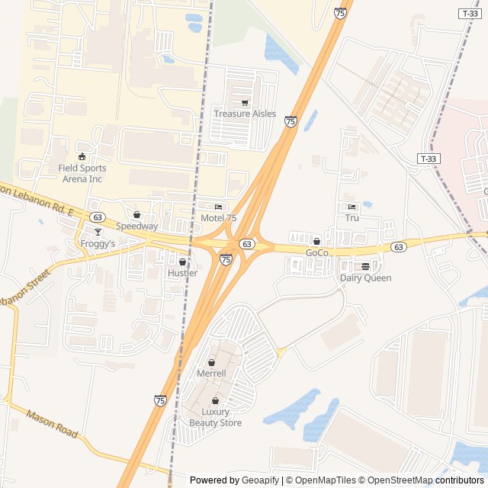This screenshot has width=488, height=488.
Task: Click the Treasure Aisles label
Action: (x=245, y=114)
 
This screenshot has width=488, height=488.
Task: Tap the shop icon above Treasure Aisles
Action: (x=245, y=103)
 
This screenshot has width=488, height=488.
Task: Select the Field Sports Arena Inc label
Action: (x=82, y=173)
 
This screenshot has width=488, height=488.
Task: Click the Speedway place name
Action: (x=137, y=226)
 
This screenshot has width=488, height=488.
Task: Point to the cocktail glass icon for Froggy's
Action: (x=98, y=233)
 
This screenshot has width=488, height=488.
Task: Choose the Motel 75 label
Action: (x=218, y=218)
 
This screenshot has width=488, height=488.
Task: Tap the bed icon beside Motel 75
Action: (x=219, y=207)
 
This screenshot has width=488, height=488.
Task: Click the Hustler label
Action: (x=182, y=273)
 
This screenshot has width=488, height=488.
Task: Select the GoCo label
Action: (x=316, y=252)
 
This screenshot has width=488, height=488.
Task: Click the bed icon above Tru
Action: (x=352, y=207)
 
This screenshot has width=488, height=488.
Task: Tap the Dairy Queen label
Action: (x=365, y=278)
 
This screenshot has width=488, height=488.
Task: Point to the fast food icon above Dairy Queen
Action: (x=366, y=267)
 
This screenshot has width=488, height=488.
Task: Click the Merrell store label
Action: (x=211, y=374)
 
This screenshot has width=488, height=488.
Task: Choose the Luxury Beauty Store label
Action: (x=216, y=417)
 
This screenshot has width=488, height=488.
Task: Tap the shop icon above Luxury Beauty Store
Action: (x=216, y=401)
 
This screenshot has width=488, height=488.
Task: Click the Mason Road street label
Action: (x=52, y=424)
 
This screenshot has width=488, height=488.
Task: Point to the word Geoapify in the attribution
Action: (x=260, y=480)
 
